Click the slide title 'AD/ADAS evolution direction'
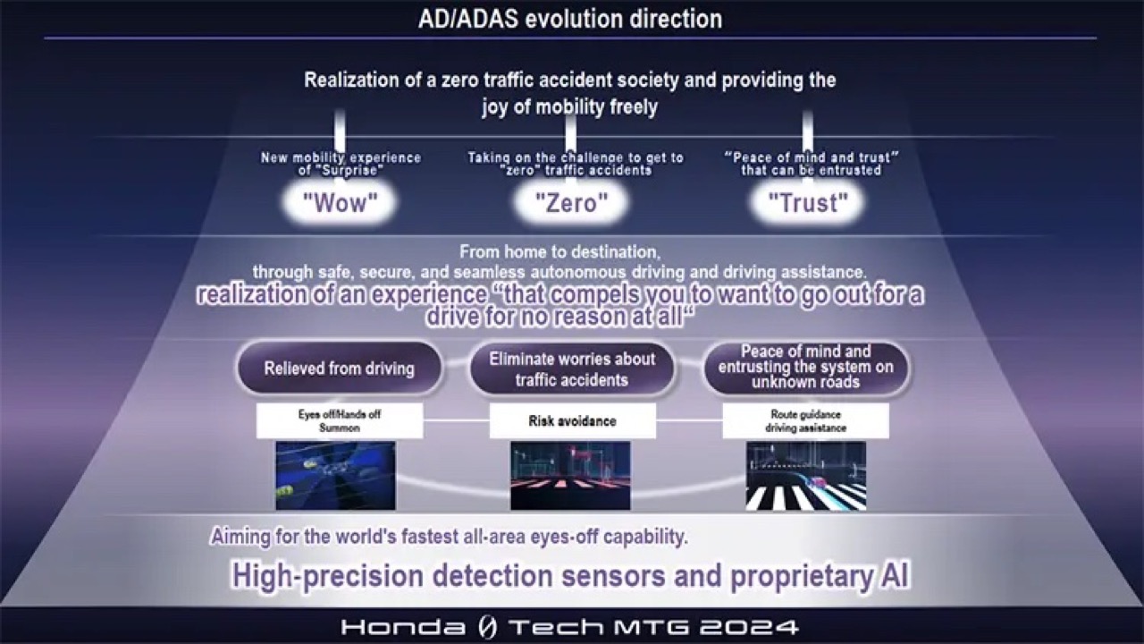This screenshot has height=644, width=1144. point(570,19)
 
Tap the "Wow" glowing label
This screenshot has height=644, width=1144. point(341,203)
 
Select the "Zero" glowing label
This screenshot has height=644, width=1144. point(571,203)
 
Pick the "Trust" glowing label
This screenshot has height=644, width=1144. point(808,203)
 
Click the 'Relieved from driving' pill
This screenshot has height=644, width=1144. point(339,369)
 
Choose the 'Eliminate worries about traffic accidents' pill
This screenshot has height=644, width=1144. point(572,369)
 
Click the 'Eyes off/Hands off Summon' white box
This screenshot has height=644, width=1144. point(340,420)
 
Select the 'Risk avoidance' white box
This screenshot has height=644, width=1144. point(573,420)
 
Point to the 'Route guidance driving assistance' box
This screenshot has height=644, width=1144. point(805,420)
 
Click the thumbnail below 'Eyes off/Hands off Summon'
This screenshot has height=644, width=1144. point(335,476)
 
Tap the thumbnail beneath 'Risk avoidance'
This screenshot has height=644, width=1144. point(570,476)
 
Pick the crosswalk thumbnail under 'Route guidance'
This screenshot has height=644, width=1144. point(806,476)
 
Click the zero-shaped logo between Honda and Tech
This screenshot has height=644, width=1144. point(487,627)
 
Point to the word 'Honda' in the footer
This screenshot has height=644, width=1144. point(403,627)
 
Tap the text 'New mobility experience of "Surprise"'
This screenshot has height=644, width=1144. point(341,164)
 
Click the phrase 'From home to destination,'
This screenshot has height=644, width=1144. point(560,251)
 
